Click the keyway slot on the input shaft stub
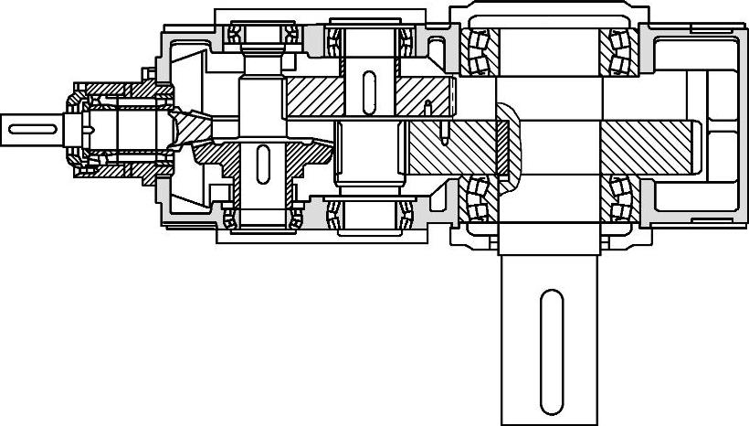click(x=33, y=129)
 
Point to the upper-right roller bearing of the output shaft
click(x=619, y=51)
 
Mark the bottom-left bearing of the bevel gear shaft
click(x=229, y=218)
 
